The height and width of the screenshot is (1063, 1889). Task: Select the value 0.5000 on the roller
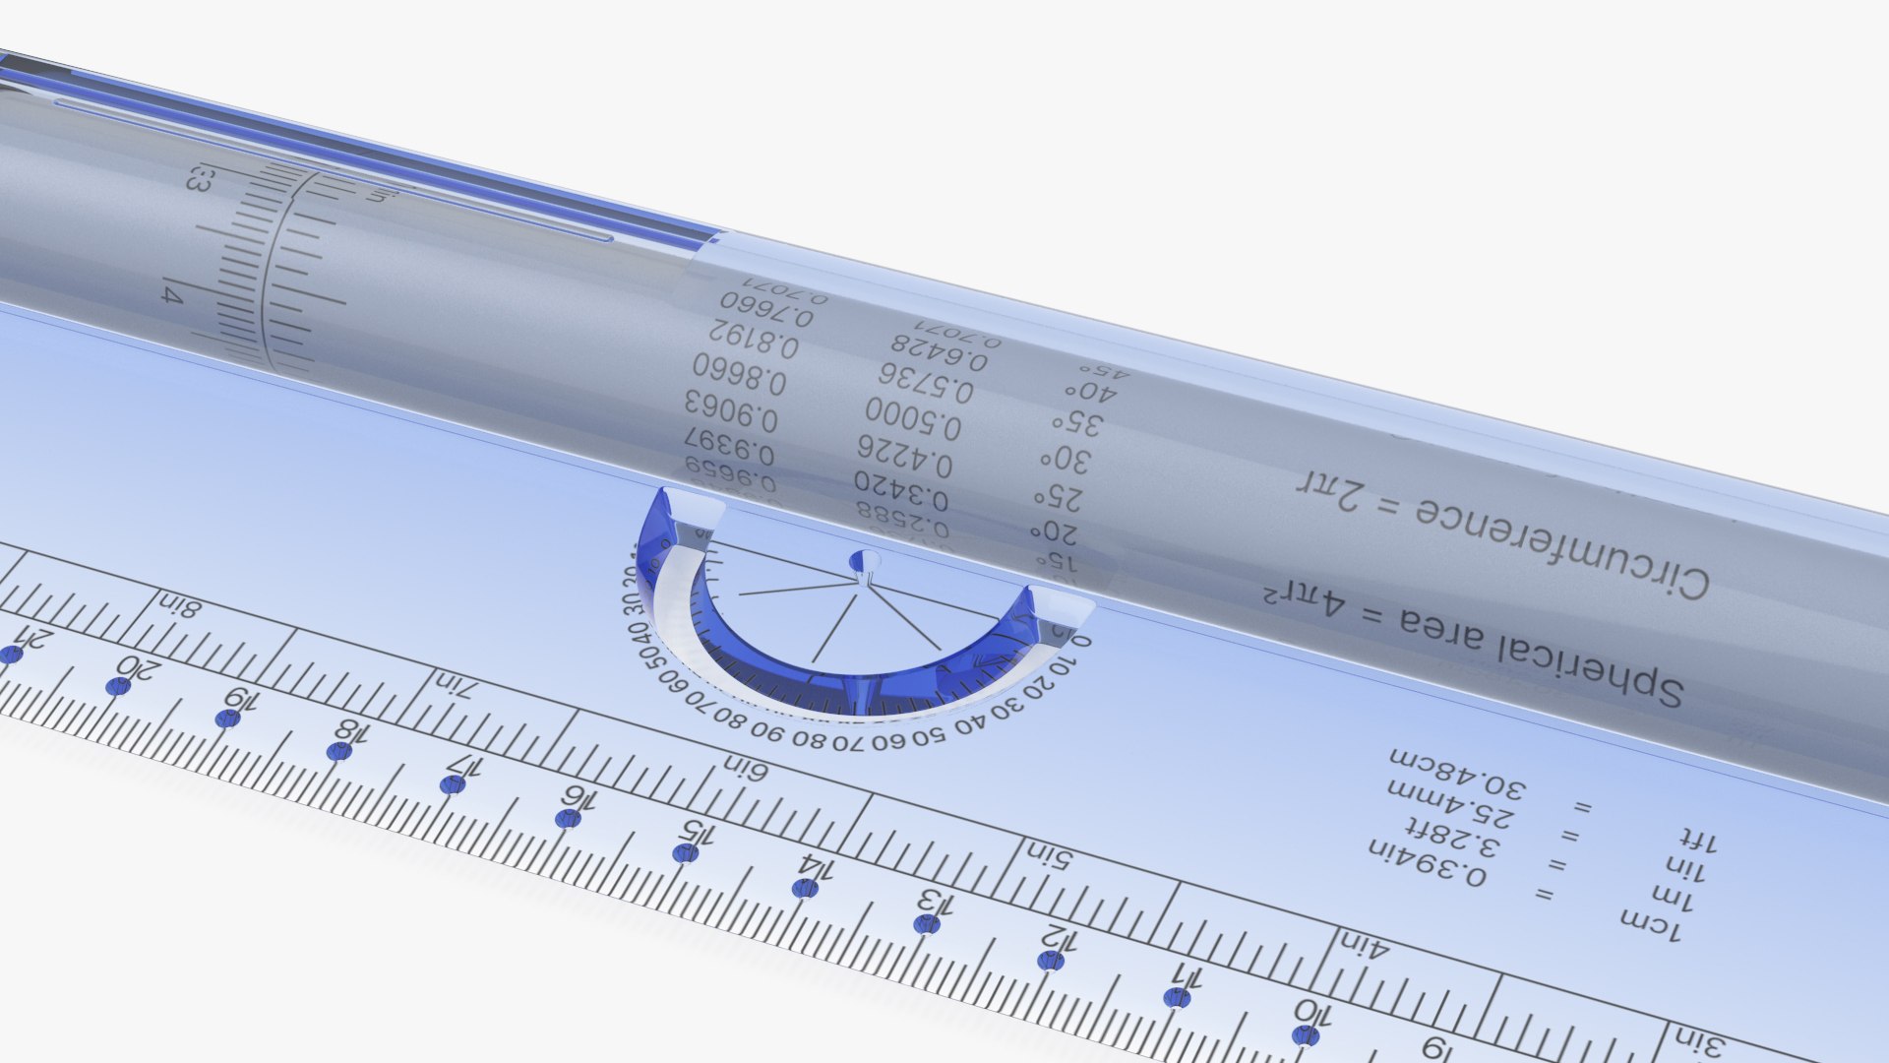913,418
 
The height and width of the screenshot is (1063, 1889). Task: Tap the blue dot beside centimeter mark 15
685,852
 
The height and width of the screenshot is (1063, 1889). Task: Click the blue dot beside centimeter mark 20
118,686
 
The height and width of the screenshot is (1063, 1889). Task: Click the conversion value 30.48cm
1456,774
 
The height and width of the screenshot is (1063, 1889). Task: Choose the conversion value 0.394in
1427,861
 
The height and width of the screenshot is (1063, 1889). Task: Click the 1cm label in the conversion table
1650,924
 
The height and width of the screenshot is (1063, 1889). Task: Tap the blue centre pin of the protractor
863,562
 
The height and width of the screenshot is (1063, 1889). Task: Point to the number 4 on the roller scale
172,294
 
